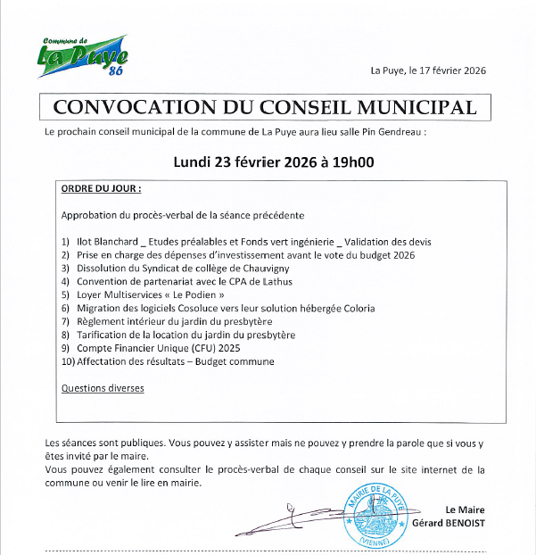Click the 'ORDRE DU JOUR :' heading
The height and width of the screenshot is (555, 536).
tap(101, 189)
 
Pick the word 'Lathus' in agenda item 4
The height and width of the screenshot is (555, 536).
tap(278, 281)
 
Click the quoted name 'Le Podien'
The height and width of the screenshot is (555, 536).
tap(191, 294)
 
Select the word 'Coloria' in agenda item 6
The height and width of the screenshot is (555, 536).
tap(355, 308)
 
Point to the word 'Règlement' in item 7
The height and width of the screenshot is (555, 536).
tap(101, 321)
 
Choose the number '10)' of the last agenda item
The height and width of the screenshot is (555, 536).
tap(68, 361)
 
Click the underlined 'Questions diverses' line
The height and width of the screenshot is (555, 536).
tap(102, 388)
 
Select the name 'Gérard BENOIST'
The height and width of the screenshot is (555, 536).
tap(448, 523)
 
